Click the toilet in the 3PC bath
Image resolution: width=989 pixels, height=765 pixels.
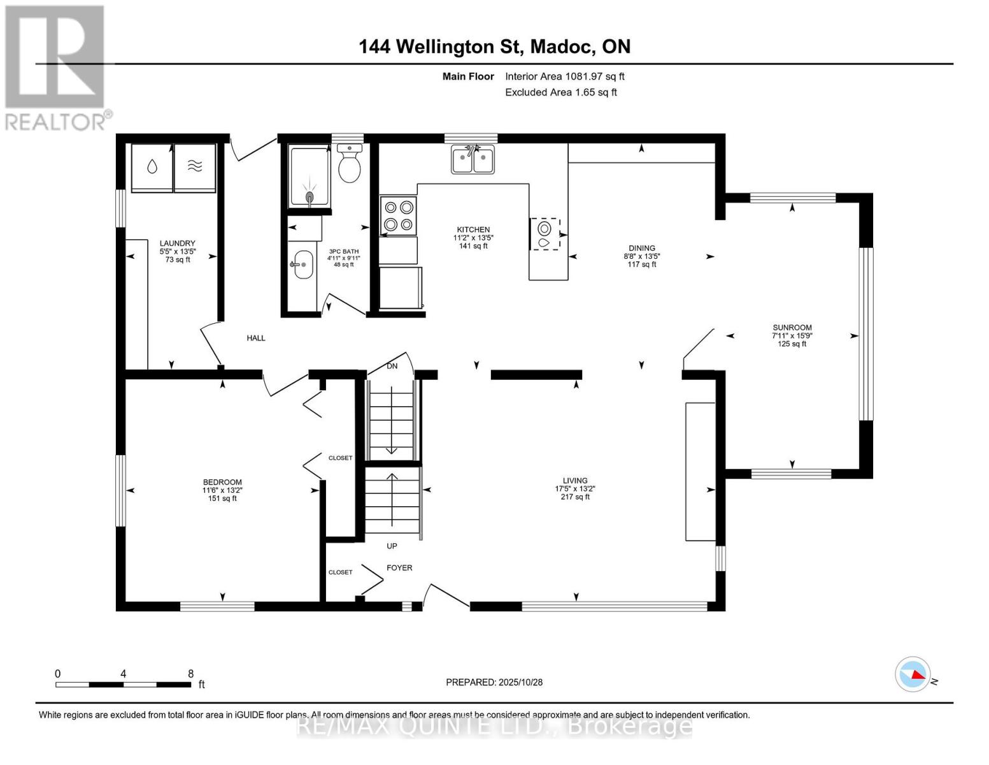click(350, 166)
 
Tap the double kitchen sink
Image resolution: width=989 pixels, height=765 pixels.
click(473, 159)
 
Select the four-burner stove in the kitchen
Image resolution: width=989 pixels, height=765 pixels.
click(398, 215)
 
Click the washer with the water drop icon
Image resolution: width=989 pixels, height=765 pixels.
click(152, 167)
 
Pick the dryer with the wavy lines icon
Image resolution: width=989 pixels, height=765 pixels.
click(195, 167)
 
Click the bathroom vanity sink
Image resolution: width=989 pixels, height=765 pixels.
click(302, 265)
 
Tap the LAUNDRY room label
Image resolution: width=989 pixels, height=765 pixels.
click(177, 244)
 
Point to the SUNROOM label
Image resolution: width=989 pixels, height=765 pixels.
click(792, 328)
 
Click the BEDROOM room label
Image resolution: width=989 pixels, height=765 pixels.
click(222, 483)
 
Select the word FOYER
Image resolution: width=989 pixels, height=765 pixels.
click(399, 568)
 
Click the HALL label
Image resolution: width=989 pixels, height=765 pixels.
click(256, 338)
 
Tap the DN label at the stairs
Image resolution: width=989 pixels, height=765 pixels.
click(392, 366)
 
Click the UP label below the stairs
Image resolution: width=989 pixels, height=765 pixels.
click(392, 546)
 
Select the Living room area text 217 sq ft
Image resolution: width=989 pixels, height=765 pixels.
click(575, 497)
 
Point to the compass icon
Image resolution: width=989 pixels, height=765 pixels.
click(913, 674)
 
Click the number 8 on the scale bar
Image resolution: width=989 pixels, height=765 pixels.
click(190, 674)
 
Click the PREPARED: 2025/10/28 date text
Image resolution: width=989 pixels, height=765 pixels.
click(494, 682)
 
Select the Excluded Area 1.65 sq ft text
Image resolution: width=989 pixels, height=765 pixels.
click(560, 92)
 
